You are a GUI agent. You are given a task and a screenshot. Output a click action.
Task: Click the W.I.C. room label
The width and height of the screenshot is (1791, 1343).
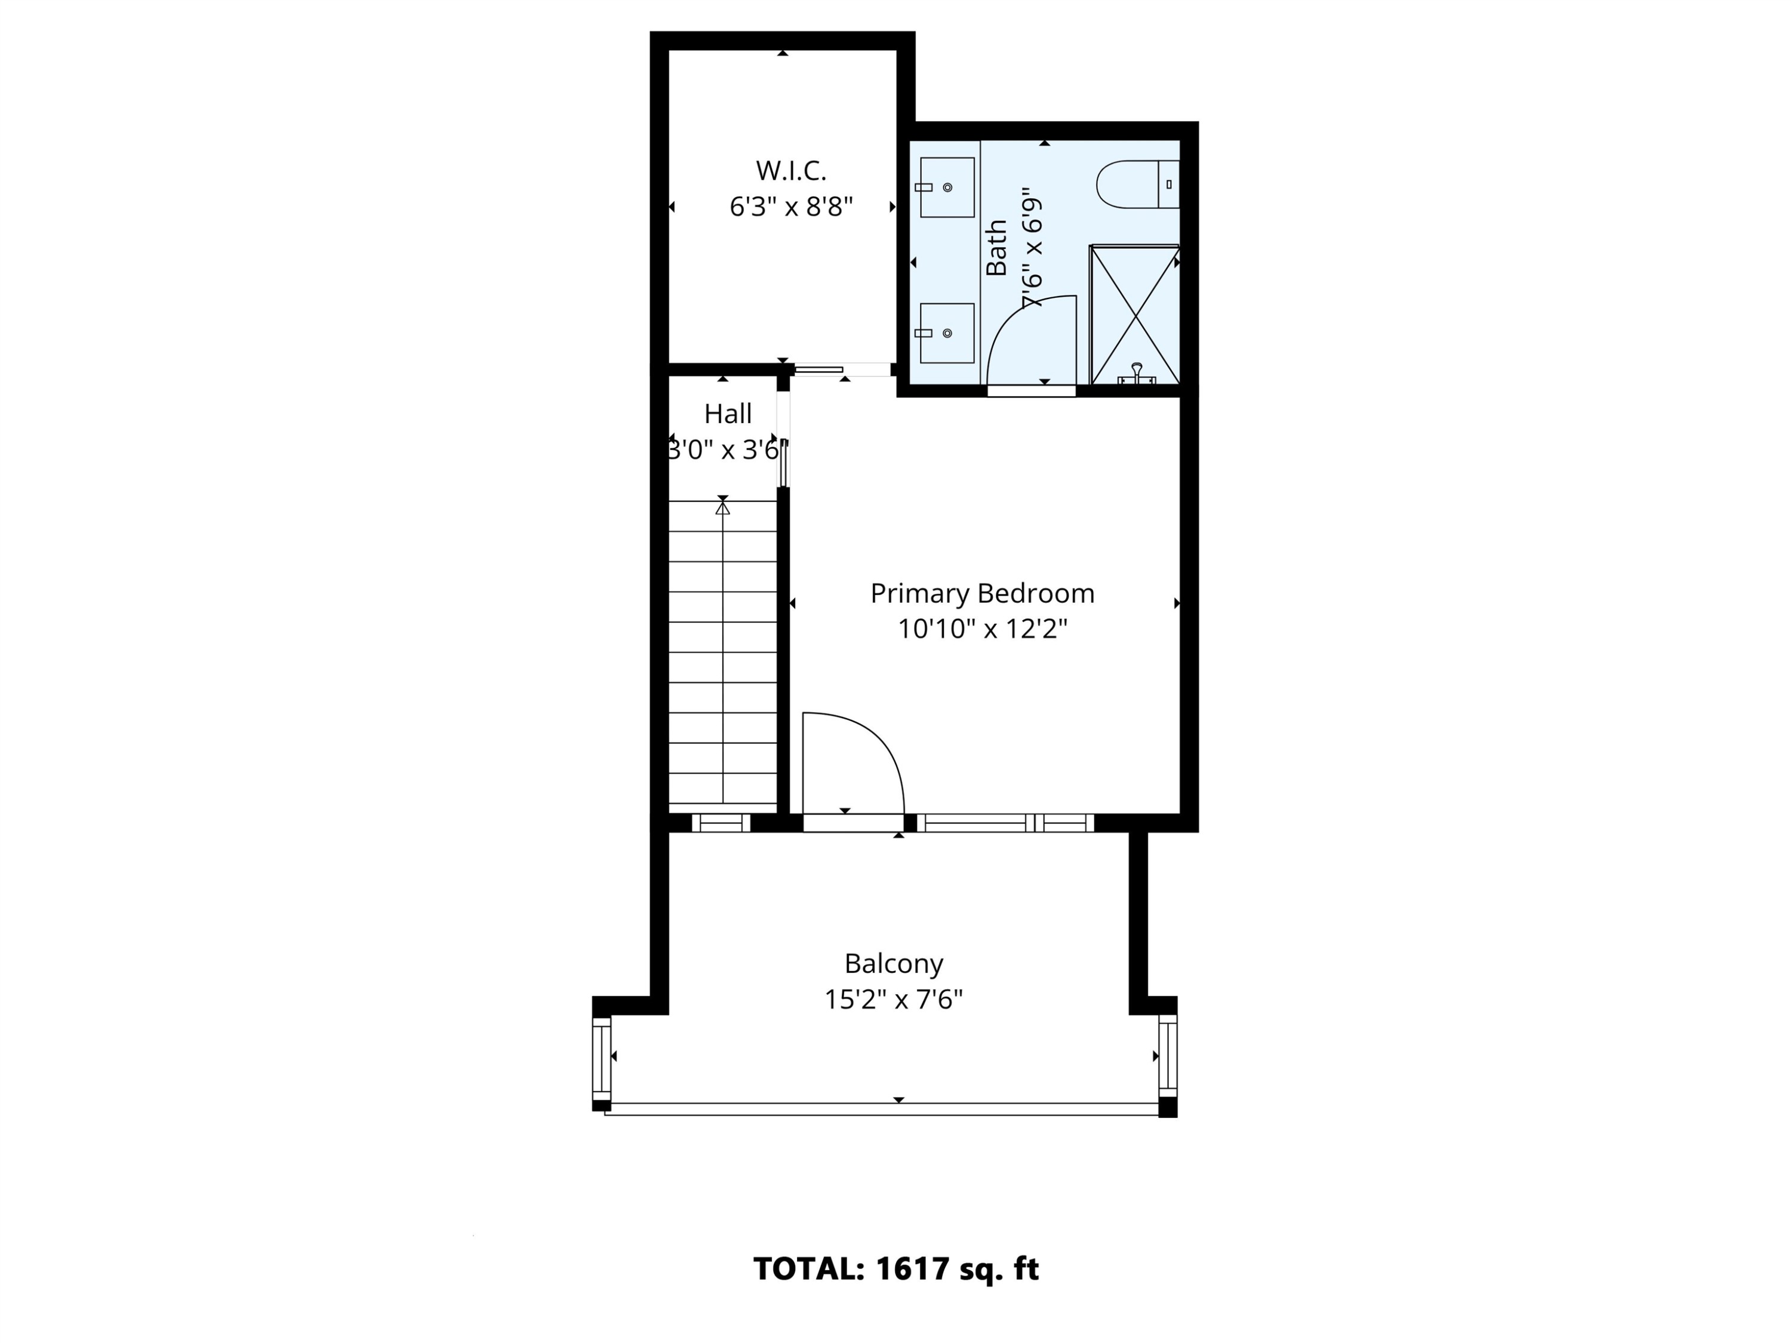pos(790,171)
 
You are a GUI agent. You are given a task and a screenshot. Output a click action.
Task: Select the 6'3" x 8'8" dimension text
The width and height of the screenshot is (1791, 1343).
pos(790,207)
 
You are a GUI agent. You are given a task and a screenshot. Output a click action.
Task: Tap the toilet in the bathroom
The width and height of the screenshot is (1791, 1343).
pos(1137,184)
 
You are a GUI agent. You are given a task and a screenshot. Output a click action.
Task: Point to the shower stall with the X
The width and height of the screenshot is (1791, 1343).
pos(1134,314)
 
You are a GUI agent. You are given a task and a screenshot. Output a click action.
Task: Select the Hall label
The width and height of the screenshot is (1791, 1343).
pos(727,414)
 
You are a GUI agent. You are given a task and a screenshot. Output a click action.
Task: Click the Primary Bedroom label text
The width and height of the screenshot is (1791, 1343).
pos(981,593)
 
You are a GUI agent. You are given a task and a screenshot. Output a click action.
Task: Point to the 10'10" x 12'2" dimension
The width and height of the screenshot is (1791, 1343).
pos(981,629)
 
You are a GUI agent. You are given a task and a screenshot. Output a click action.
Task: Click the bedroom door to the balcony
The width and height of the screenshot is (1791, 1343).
pos(852,823)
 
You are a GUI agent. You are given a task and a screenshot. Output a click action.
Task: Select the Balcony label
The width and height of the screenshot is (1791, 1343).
pos(893,963)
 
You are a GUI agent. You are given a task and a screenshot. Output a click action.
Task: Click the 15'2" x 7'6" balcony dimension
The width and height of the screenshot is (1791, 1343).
pos(893,1000)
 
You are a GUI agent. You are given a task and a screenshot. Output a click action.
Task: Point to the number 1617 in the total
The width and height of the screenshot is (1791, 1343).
pos(912,1268)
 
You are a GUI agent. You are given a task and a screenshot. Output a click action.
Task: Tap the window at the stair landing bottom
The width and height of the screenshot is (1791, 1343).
pos(721,823)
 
